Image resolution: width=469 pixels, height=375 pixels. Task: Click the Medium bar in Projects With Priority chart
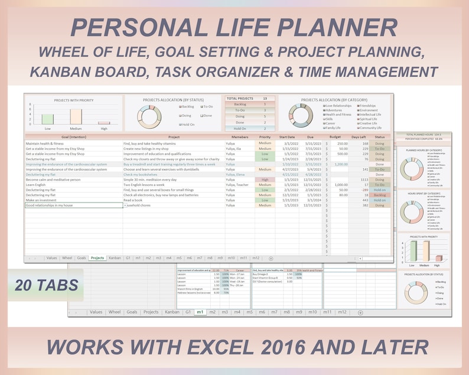(76, 116)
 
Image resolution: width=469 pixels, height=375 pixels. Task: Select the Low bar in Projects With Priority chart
(47, 119)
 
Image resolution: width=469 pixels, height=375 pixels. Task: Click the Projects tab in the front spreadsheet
(97, 258)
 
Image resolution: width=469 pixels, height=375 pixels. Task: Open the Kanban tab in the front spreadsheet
(115, 258)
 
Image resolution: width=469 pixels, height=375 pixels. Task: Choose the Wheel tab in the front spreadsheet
(67, 258)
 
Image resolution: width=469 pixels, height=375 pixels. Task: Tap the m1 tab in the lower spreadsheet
(200, 312)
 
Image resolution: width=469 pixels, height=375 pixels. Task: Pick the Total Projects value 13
(265, 98)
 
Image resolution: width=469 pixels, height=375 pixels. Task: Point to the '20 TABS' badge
(45, 286)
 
